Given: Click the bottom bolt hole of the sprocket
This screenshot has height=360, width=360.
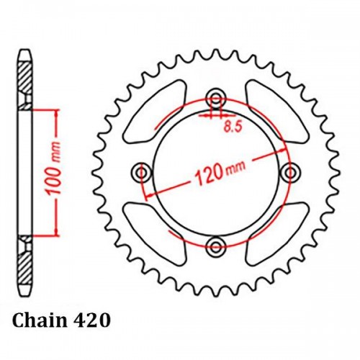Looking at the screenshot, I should [215, 247].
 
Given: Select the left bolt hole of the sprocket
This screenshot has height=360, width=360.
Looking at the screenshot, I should [141, 172].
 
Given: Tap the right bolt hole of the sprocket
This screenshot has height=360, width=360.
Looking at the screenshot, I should [289, 172].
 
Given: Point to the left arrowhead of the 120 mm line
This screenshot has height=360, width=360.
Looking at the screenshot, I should [148, 195].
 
